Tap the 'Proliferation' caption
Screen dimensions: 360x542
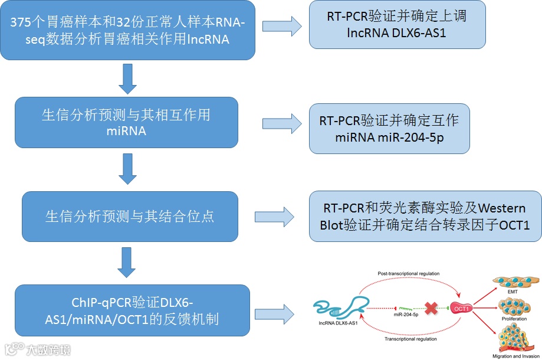pos(513,319)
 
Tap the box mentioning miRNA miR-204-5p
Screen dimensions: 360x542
pos(389,129)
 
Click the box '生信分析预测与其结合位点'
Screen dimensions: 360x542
pos(130,216)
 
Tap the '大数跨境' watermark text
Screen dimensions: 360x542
pos(48,349)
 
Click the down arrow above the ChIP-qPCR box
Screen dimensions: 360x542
pos(127,262)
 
